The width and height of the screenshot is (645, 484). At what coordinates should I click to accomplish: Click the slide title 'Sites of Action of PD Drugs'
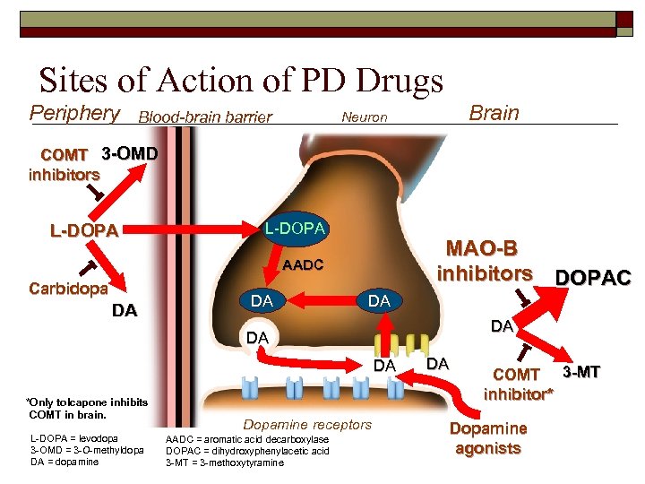coord(241,81)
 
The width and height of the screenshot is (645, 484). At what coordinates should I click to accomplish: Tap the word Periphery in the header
coord(75,113)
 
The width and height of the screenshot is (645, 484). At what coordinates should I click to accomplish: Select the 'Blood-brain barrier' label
coord(205,117)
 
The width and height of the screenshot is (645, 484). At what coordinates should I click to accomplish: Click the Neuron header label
coord(365,117)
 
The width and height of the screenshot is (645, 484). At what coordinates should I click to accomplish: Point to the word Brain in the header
coord(494,113)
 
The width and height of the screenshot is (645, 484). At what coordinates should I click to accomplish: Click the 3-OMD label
coord(130,153)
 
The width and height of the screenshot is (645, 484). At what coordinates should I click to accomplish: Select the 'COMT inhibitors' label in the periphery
coord(64,164)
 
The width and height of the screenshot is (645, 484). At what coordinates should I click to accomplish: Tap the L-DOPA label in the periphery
coord(84,230)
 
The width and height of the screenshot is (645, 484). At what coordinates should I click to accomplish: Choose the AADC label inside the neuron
coord(302,265)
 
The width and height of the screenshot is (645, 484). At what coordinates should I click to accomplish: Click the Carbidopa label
coord(68,289)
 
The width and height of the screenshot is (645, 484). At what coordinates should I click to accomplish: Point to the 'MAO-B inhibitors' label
coord(484,259)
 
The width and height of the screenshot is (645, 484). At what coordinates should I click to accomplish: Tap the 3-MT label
coord(583,370)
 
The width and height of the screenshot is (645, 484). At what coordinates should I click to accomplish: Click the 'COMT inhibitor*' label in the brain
coord(518,384)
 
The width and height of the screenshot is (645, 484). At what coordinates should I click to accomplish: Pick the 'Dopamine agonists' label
coord(488,438)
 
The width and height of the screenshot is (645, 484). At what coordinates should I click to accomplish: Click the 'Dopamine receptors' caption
coord(307,424)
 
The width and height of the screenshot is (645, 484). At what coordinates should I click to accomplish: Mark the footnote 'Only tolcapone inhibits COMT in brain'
coord(87,408)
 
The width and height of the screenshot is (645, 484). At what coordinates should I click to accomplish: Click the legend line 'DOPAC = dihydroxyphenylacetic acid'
coord(248,450)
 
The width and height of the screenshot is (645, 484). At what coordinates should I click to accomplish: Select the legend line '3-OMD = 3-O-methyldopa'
coord(87,450)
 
